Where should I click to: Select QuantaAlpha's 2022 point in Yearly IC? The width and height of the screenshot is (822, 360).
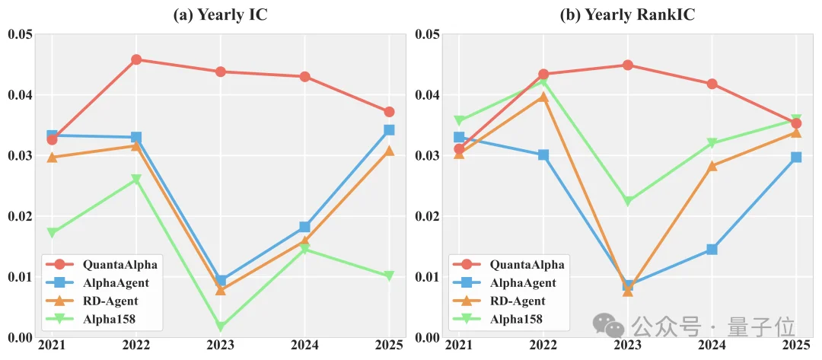click(x=136, y=59)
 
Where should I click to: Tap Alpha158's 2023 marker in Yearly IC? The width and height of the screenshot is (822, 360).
click(x=221, y=327)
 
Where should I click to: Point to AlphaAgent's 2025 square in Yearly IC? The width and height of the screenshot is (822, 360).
click(x=389, y=130)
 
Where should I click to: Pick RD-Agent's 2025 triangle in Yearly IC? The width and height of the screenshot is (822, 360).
click(x=389, y=151)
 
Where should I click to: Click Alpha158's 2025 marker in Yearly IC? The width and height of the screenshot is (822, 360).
click(x=389, y=276)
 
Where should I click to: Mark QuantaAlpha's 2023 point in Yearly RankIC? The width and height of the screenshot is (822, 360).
click(x=627, y=65)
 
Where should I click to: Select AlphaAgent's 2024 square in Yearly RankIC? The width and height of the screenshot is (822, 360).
click(x=712, y=250)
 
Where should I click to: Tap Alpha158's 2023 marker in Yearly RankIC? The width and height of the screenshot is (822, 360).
click(x=627, y=202)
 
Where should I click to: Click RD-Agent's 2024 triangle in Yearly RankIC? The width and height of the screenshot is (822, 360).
click(x=712, y=166)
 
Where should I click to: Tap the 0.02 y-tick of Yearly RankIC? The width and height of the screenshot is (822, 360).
click(x=429, y=216)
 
